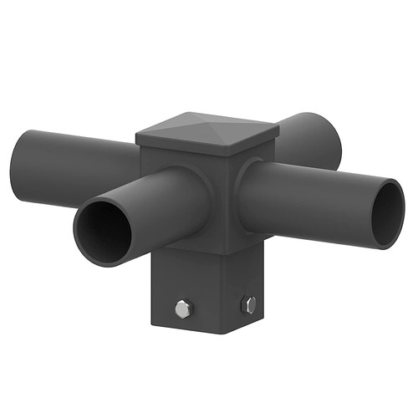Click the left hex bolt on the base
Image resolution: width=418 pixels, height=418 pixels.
point(183,308)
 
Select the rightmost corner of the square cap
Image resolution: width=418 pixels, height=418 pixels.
point(278,129)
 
